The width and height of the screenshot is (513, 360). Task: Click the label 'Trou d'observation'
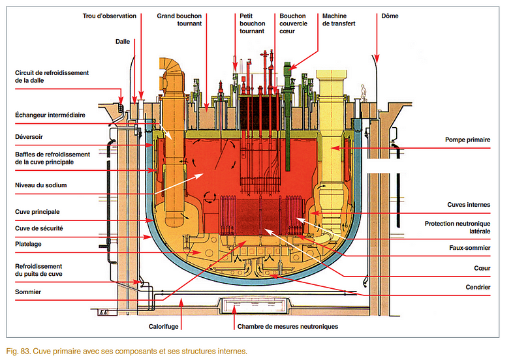[x=110, y=16]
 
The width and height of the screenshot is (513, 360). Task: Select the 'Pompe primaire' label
[x=468, y=140]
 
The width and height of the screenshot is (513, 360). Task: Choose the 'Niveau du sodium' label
[x=41, y=185]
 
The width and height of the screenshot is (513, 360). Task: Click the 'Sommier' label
[x=29, y=292]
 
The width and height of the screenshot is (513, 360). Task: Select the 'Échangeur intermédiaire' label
[x=50, y=115]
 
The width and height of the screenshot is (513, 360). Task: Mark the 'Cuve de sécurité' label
[x=40, y=228]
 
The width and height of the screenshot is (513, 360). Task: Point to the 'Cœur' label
[x=482, y=267]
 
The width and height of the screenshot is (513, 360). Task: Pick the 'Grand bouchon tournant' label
[x=179, y=20]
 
